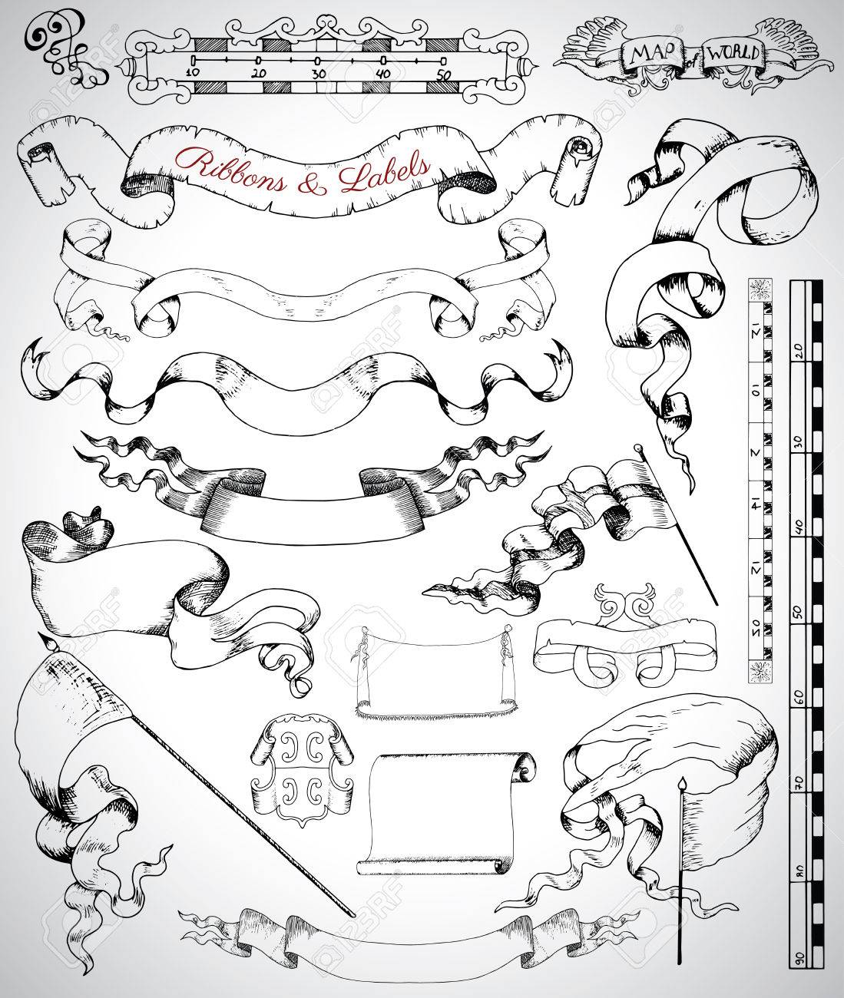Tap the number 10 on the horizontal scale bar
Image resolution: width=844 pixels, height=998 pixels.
click(192, 72)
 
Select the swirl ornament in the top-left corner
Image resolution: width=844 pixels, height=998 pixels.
click(58, 48)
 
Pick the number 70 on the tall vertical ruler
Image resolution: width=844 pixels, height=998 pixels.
click(798, 784)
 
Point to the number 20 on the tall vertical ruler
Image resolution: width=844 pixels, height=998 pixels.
click(798, 349)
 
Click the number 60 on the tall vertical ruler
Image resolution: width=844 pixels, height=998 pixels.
click(798, 697)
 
